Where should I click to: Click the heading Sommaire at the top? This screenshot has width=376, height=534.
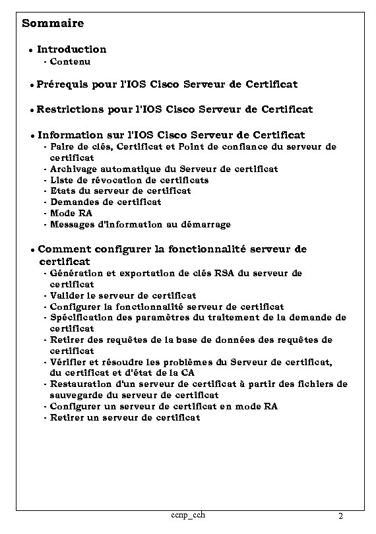pyautogui.click(x=53, y=24)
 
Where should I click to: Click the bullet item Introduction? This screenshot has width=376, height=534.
pyautogui.click(x=71, y=49)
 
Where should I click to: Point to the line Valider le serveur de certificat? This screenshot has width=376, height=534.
pyautogui.click(x=123, y=296)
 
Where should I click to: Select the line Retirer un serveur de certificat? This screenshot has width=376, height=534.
pyautogui.click(x=125, y=418)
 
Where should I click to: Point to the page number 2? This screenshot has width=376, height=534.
pyautogui.click(x=340, y=516)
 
